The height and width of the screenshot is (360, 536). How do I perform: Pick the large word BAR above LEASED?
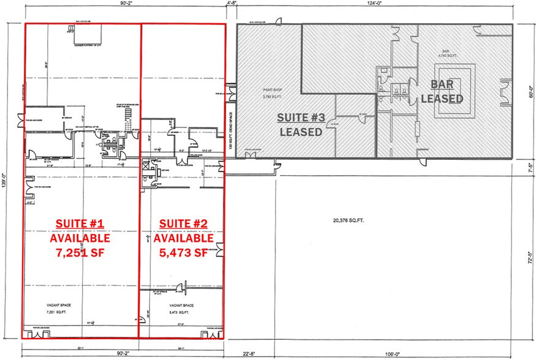pos(441,85)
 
